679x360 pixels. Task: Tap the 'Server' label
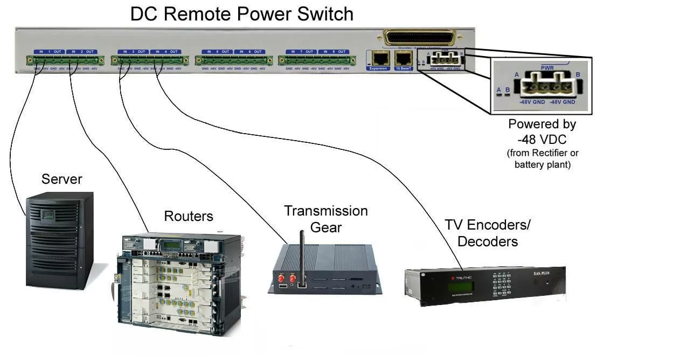61,179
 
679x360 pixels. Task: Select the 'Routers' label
189,216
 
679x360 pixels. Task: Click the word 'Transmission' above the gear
326,211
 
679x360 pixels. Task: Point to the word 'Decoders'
488,241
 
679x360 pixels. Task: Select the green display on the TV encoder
461,286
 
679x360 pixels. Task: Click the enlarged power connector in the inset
546,85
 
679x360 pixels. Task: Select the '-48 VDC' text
542,139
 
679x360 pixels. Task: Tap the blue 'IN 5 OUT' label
217,52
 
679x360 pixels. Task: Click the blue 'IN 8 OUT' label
334,52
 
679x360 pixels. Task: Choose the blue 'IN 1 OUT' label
49,52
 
